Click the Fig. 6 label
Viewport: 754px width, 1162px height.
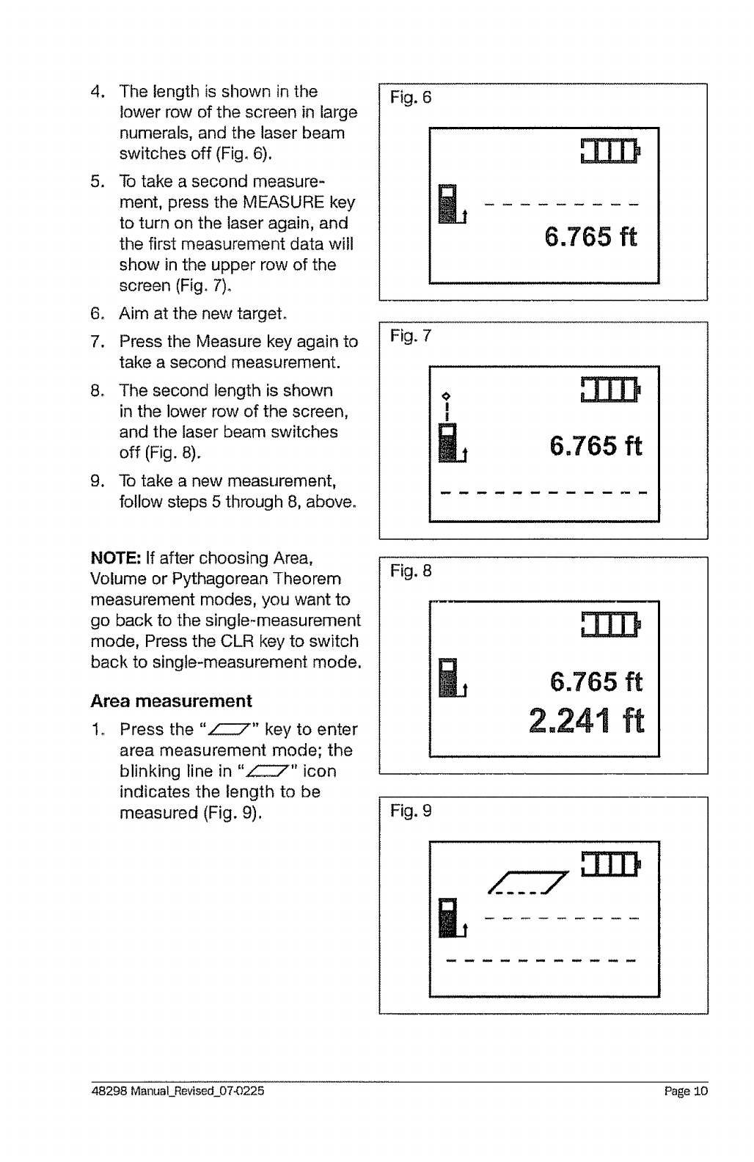pyautogui.click(x=411, y=97)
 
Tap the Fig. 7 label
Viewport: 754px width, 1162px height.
pyautogui.click(x=411, y=336)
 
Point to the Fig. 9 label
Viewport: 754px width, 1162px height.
pyautogui.click(x=411, y=811)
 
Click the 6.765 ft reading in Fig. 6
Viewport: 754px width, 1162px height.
pyautogui.click(x=591, y=237)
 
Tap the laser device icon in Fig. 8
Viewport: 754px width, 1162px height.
pyautogui.click(x=449, y=679)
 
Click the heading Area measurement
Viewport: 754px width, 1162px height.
pyautogui.click(x=171, y=701)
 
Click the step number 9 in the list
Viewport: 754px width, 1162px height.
pyautogui.click(x=96, y=481)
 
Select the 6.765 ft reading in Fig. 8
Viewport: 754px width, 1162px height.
pyautogui.click(x=596, y=682)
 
